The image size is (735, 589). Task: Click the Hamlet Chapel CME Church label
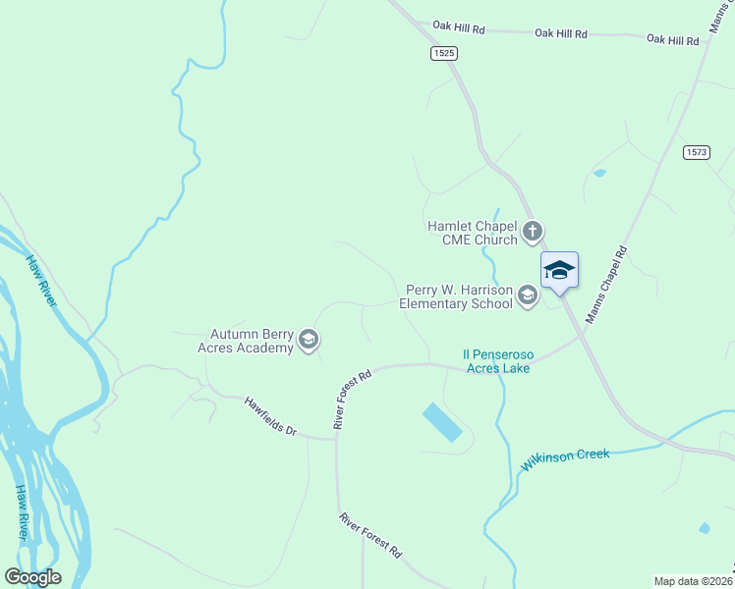(472, 233)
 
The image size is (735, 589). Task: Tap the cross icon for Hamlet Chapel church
(533, 233)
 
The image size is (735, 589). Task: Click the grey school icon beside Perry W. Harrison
(528, 295)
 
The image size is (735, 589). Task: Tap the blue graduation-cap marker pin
(559, 270)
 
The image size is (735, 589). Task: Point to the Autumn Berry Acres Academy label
(253, 341)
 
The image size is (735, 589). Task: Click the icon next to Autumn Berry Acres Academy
(309, 341)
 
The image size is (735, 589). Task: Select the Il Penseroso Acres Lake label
(496, 360)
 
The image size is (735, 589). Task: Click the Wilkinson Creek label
(565, 459)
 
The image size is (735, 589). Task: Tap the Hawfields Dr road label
(270, 416)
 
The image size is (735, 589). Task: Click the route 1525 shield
(443, 54)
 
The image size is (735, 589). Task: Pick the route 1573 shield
(697, 152)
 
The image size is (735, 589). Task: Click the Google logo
(32, 577)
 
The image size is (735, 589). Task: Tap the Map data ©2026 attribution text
(692, 581)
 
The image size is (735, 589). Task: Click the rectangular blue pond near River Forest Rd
(442, 422)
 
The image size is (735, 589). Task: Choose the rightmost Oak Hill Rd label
(672, 40)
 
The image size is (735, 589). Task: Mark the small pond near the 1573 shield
(599, 174)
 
